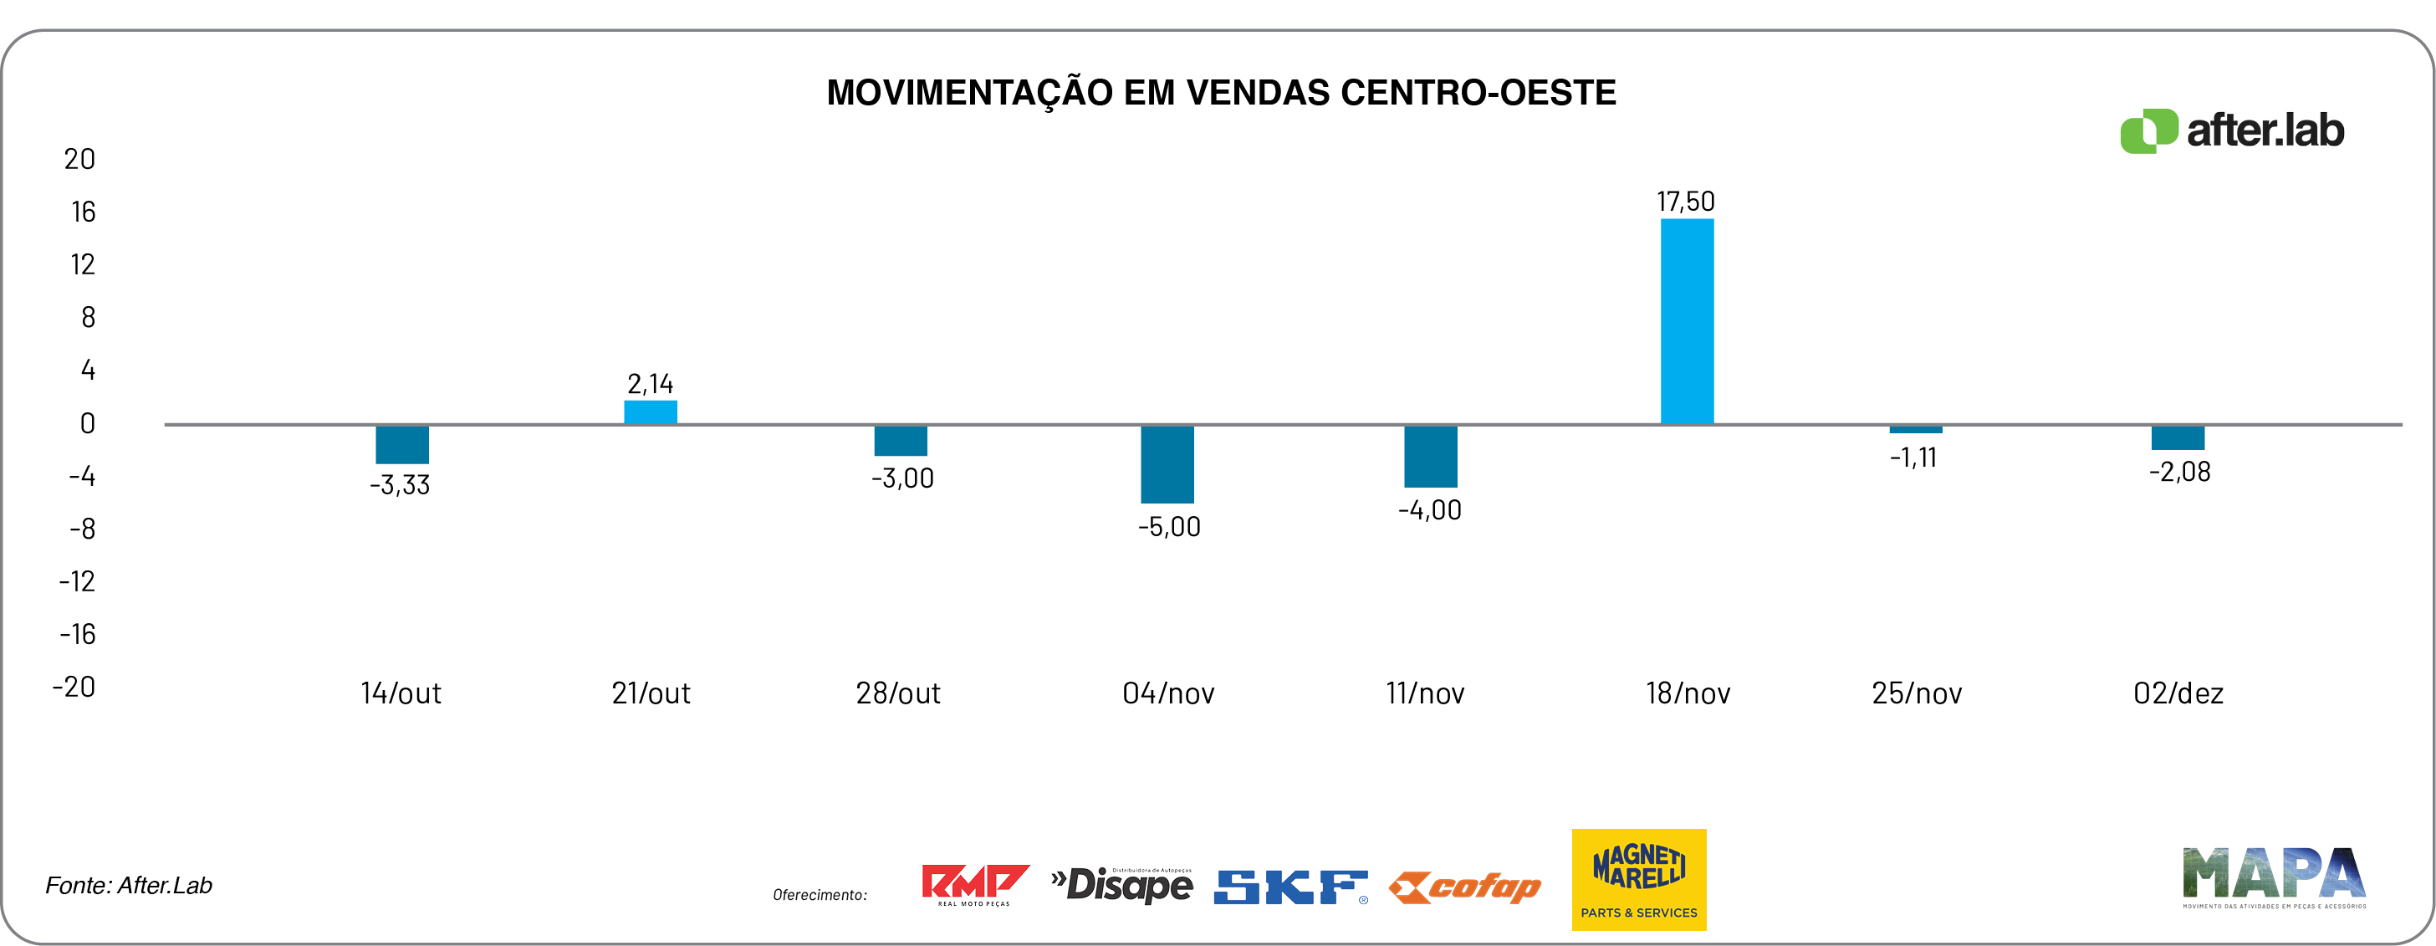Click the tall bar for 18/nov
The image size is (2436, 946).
[x=1687, y=322]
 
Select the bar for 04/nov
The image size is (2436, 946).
[x=1167, y=463]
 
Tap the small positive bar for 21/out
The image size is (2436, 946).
[x=651, y=412]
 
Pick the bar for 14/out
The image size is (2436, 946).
[x=402, y=445]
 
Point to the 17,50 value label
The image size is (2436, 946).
[x=1685, y=202]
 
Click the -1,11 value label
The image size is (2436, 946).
[x=1913, y=458]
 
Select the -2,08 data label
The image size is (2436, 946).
[x=2178, y=471]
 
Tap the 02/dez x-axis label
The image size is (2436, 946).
[x=2178, y=693]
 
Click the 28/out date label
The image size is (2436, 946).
[x=897, y=693]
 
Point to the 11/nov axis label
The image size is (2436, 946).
[x=1425, y=693]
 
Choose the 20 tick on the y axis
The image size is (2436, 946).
[x=79, y=159]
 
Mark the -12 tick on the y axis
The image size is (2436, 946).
[x=78, y=580]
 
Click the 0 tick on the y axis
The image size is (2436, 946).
[x=87, y=423]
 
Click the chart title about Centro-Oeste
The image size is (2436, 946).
[x=1221, y=93]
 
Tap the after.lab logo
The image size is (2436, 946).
[x=2232, y=130]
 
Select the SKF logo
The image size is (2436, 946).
[x=1291, y=887]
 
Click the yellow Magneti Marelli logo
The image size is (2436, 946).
[x=1639, y=879]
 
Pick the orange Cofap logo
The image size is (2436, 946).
[x=1464, y=887]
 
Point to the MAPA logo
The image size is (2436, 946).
[x=2273, y=876]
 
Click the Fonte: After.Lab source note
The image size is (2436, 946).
[x=129, y=886]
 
